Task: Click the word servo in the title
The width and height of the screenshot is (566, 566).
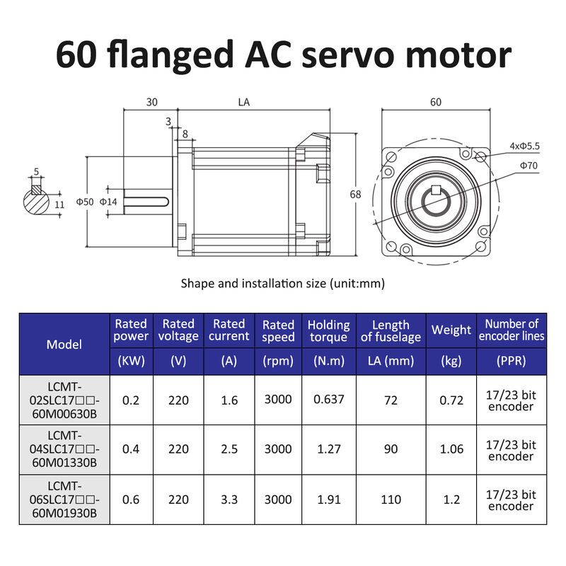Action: [x=350, y=55]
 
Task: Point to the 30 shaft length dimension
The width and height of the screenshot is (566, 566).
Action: [x=151, y=102]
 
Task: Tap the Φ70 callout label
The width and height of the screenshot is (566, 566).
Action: [x=529, y=165]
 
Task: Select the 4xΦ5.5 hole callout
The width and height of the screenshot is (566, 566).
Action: [x=524, y=146]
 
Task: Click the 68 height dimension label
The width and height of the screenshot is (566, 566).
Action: [x=356, y=194]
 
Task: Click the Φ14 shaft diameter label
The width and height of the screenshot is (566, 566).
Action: [x=108, y=202]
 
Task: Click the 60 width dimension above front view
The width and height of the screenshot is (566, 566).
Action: [x=435, y=102]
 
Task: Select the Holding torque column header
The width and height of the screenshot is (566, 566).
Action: [x=328, y=330]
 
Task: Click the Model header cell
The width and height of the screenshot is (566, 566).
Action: [x=64, y=345]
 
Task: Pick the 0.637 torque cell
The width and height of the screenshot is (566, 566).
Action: [x=328, y=399]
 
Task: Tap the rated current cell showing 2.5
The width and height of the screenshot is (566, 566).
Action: [x=229, y=449]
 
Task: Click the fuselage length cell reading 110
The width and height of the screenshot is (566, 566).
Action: [x=391, y=499]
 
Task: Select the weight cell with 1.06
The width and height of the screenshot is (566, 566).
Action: [x=451, y=449]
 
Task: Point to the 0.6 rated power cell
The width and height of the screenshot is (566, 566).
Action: [x=131, y=499]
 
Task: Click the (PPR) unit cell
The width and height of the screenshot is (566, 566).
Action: [x=511, y=361]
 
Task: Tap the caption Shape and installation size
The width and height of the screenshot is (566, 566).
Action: [x=282, y=284]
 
